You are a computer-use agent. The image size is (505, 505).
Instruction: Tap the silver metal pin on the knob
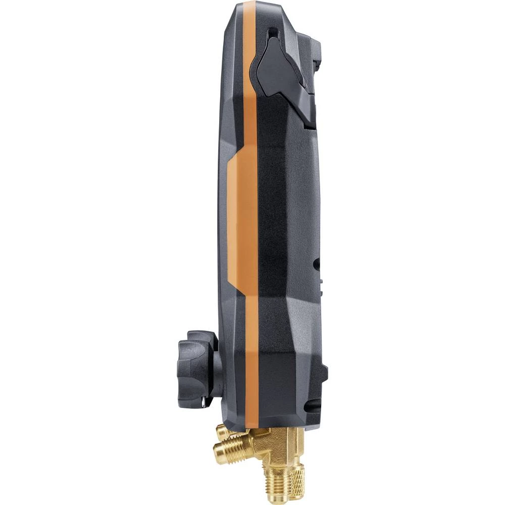pyautogui.click(x=202, y=402)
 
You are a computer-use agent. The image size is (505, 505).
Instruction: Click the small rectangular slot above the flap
pyautogui.click(x=273, y=34)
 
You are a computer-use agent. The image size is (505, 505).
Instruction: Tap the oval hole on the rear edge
pyautogui.click(x=316, y=263)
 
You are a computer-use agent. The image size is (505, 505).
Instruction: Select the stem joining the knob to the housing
pyautogui.click(x=217, y=374)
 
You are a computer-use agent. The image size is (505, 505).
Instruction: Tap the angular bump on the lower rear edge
pyautogui.click(x=322, y=374)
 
